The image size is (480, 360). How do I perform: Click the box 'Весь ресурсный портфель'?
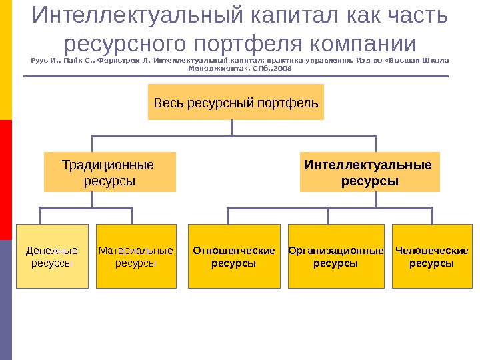(236, 102)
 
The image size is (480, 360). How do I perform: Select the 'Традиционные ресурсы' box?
(109, 172)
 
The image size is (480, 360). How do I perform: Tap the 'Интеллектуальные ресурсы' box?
(369, 172)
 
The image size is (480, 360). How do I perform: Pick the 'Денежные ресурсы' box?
(52, 256)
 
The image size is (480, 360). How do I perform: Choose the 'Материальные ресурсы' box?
(136, 256)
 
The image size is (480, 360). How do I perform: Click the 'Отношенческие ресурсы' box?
(234, 256)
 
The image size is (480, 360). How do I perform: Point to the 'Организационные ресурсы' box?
(336, 256)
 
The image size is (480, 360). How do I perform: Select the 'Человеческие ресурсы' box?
(432, 256)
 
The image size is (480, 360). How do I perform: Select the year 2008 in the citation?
(283, 68)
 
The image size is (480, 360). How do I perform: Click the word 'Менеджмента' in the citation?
(214, 68)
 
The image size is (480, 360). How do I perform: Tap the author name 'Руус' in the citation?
(39, 60)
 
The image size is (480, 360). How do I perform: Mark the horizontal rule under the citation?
(236, 76)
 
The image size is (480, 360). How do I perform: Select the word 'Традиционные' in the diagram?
(107, 165)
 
